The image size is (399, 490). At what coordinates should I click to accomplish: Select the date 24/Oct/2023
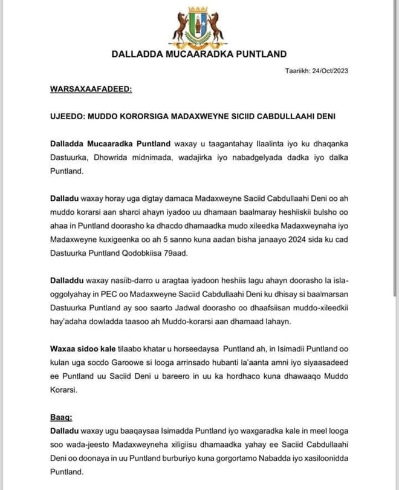[x=329, y=71]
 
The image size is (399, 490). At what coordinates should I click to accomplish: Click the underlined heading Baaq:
[x=61, y=417]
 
